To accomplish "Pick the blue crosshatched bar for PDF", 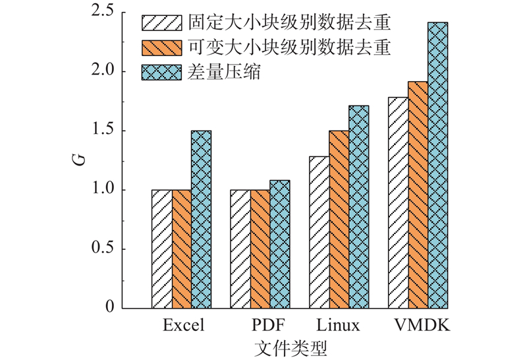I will pos(280,245).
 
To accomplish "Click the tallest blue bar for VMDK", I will pos(437,165).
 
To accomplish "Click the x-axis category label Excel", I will pos(183,326).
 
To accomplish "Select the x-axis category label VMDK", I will pos(418,326).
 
